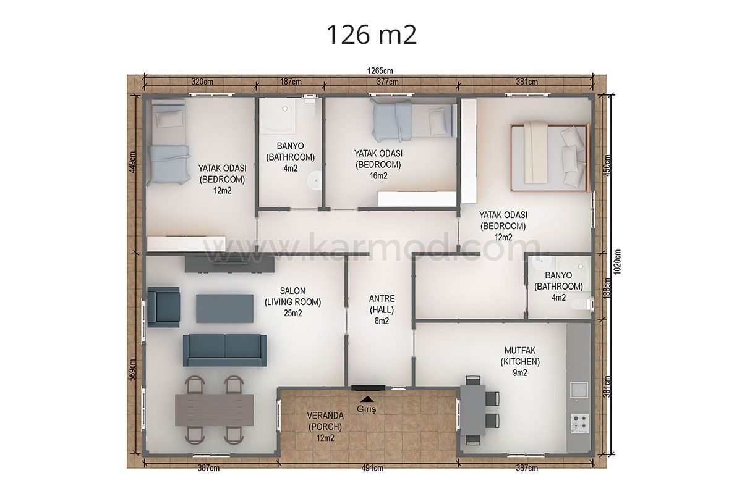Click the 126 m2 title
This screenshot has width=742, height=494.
tap(372, 35)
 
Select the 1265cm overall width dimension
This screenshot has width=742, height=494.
tap(380, 71)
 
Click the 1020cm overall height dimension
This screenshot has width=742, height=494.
tap(617, 262)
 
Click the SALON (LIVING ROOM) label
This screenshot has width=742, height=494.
tap(292, 302)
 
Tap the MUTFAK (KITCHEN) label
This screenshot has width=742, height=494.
tap(520, 361)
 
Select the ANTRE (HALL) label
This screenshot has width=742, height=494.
tap(382, 310)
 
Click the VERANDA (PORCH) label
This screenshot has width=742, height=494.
tap(325, 427)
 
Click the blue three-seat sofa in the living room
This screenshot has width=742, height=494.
tap(224, 350)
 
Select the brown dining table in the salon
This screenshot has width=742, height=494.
tap(214, 410)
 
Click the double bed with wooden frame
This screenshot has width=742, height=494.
tap(549, 158)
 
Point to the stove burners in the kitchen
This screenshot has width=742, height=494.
tap(579, 423)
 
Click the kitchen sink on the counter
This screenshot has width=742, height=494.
tap(579, 390)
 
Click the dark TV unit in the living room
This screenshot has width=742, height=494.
tap(229, 264)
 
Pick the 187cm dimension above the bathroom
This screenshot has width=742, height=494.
tap(291, 82)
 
